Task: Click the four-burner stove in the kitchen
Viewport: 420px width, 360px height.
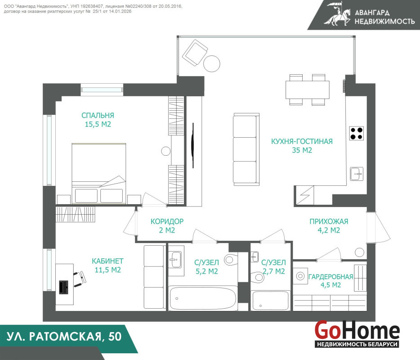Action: point(356,133)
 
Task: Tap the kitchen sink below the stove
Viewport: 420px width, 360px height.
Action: point(357,174)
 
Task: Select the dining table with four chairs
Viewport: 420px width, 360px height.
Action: point(307,90)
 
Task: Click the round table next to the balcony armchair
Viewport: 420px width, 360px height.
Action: point(212,63)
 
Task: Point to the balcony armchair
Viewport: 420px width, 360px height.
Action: point(195,53)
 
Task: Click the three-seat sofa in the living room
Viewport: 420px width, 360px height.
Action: point(246,149)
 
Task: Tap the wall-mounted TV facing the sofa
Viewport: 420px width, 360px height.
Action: point(193,145)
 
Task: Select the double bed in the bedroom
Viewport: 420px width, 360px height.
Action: point(99,173)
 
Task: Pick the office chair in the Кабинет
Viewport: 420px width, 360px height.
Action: point(80,279)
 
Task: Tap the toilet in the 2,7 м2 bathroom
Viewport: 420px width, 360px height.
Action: point(258,277)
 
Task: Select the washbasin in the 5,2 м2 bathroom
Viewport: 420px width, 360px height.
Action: point(176,260)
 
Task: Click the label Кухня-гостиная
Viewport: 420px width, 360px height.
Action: point(302,141)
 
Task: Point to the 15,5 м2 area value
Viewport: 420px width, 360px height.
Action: point(98,124)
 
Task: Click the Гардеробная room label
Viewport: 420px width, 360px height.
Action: point(331,277)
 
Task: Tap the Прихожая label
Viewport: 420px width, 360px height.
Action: point(329,221)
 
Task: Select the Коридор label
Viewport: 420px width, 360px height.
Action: point(167,221)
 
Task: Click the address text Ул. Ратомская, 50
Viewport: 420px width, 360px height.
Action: point(64,337)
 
